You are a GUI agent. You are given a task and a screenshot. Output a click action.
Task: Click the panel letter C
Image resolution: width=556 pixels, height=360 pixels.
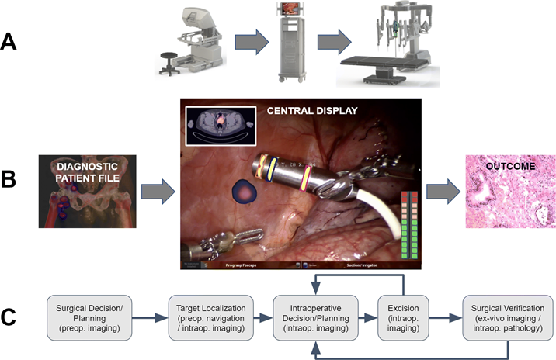coord(13,316)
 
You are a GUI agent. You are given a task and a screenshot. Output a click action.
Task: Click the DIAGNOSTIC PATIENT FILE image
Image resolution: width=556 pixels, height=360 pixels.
coord(88,190)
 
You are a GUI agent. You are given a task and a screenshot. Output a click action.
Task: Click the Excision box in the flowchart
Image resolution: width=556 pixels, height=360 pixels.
coord(402,317)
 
